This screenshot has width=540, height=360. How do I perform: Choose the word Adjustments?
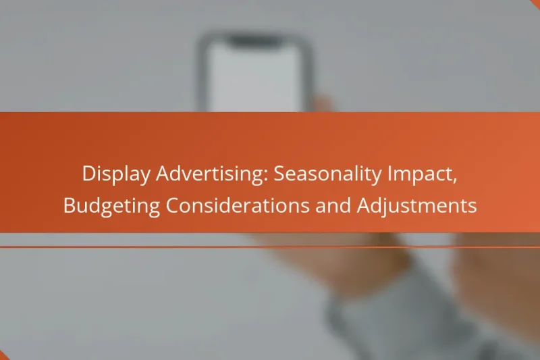[x=420, y=206]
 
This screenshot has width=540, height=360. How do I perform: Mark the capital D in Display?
[x=88, y=174]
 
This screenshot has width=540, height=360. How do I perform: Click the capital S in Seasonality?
[x=279, y=174]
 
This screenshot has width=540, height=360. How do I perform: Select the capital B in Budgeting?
[x=70, y=206]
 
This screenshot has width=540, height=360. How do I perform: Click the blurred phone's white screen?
[x=254, y=74]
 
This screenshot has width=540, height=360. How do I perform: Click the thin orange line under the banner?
[x=270, y=247]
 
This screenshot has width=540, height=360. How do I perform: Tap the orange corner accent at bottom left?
[x=3, y=356]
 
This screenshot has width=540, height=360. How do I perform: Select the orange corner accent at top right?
[x=536, y=3]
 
